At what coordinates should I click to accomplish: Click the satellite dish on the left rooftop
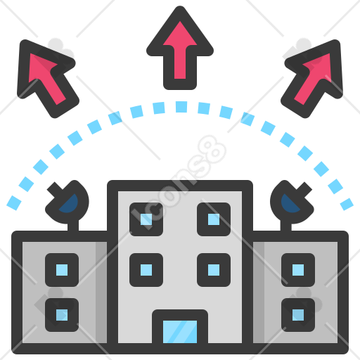pos(68,204)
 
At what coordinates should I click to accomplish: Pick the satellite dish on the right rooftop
pos(292,204)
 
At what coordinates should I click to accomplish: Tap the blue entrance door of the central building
pos(180,332)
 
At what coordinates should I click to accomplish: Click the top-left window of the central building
pos(146,219)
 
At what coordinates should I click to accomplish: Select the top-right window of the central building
pos(214,219)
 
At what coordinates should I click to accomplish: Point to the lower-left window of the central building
pos(146,270)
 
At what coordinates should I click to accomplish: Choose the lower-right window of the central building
pos(214,270)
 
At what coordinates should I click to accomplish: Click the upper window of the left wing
pos(62,270)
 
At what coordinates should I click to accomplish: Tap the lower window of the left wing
pos(62,315)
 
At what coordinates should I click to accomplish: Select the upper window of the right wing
pos(298,270)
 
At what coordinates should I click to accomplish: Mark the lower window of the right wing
pos(298,315)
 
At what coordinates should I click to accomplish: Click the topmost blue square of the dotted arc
pos(181,107)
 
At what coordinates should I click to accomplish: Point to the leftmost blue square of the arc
pos(14,203)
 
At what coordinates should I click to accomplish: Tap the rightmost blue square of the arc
pos(347,205)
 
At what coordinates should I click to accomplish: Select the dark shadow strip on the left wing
pos(101,292)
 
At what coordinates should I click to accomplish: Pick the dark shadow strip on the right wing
pos(259,292)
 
